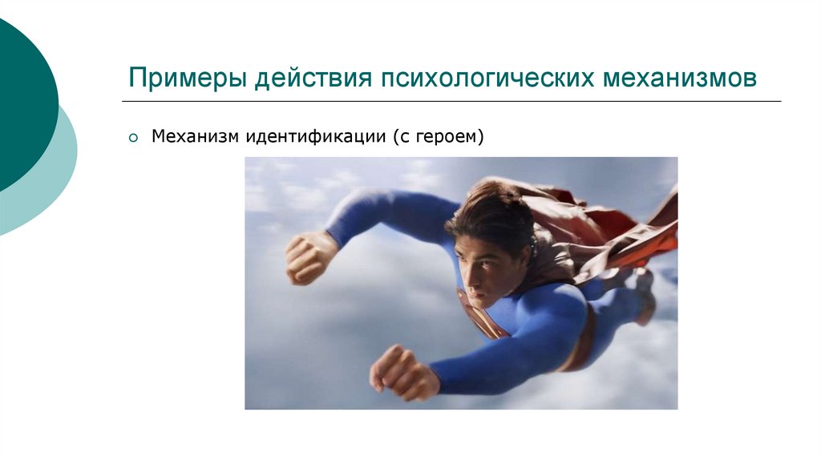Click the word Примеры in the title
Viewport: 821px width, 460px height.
188,79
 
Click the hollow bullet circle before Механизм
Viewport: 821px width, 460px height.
134,138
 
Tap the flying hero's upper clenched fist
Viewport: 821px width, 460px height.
308,256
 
